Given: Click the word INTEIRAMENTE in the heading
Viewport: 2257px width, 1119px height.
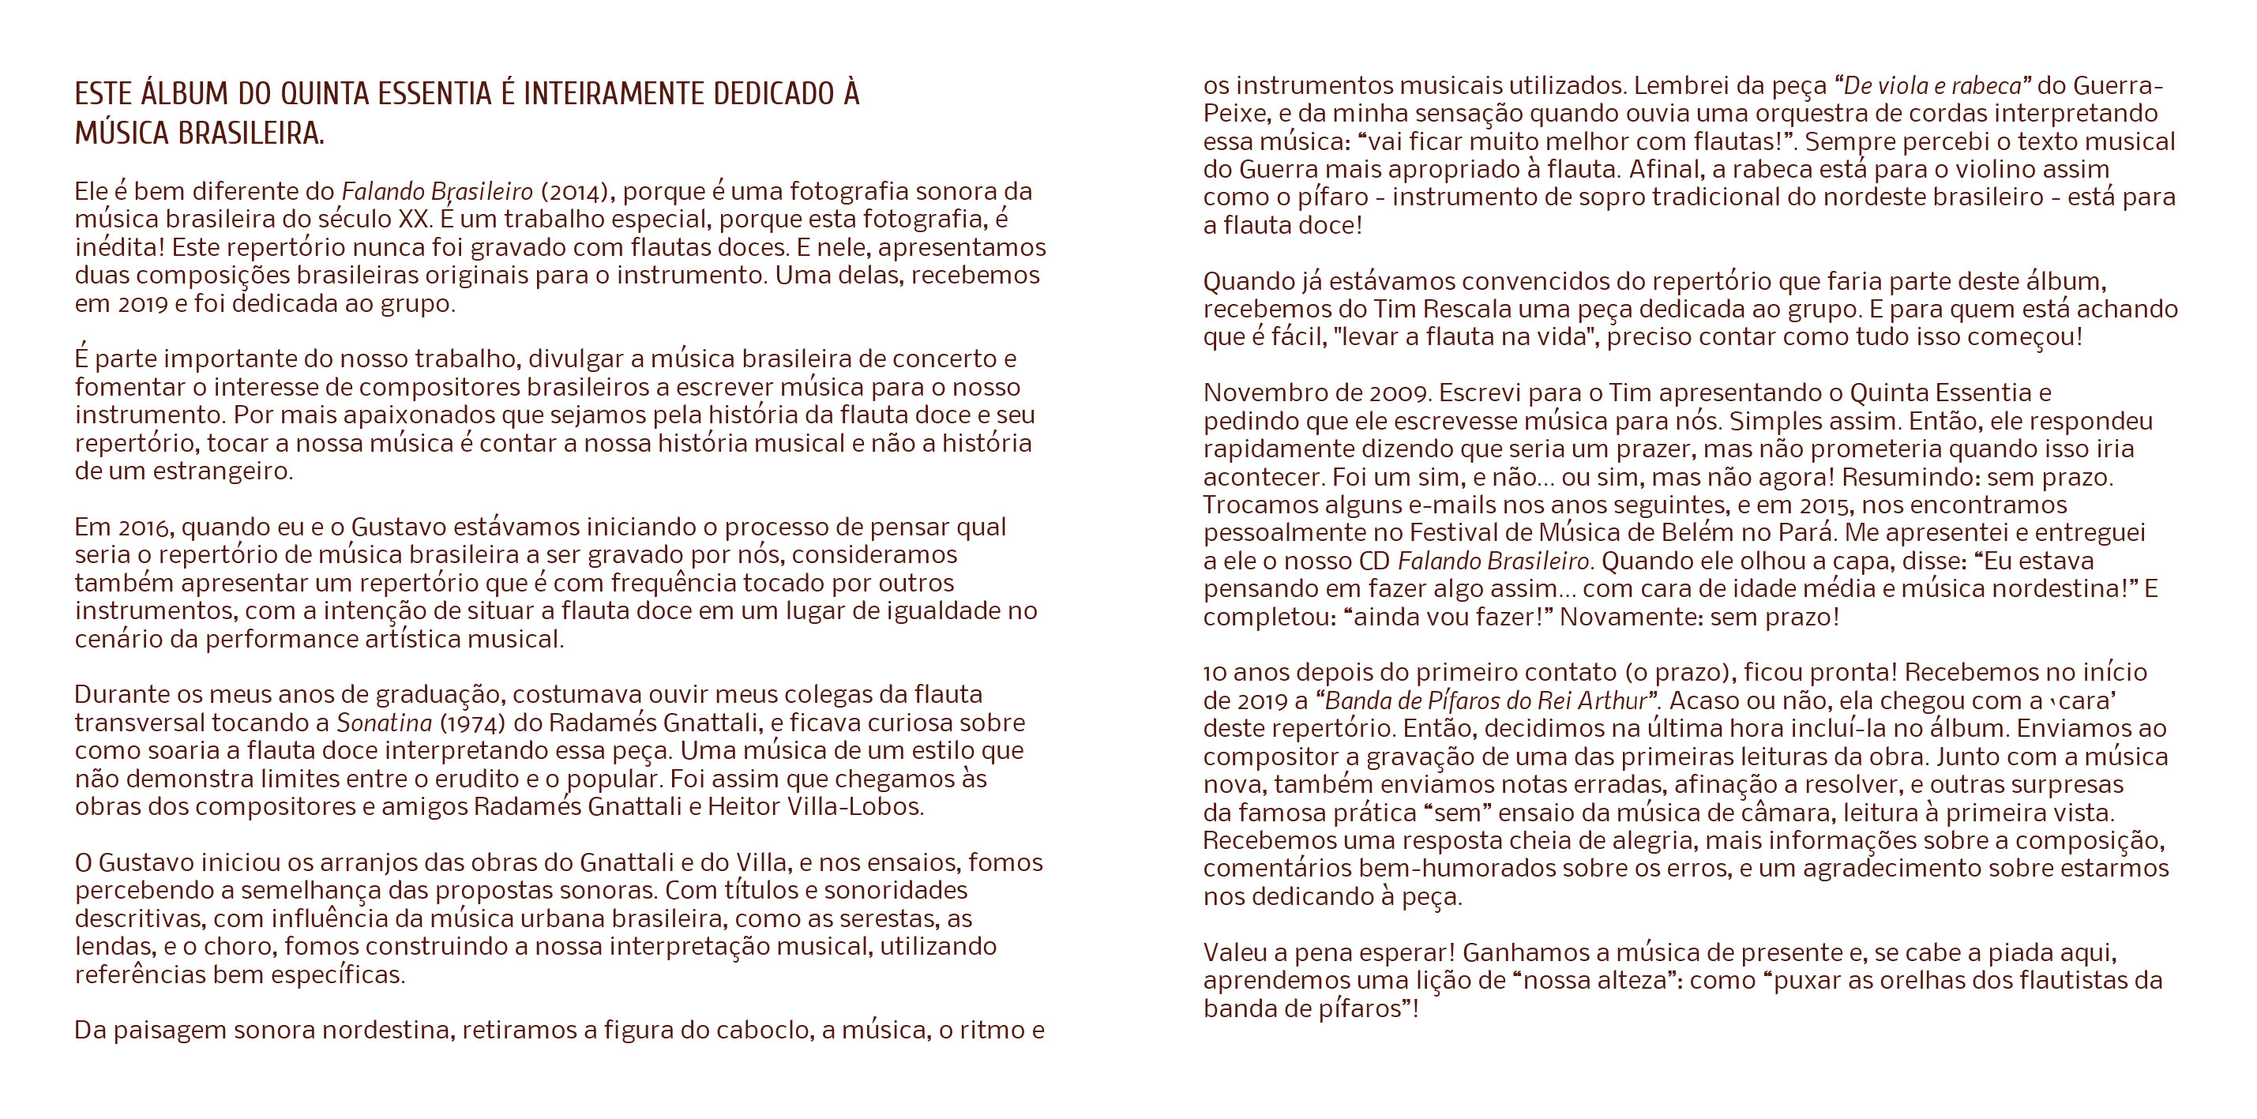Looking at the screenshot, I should pyautogui.click(x=614, y=94).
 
